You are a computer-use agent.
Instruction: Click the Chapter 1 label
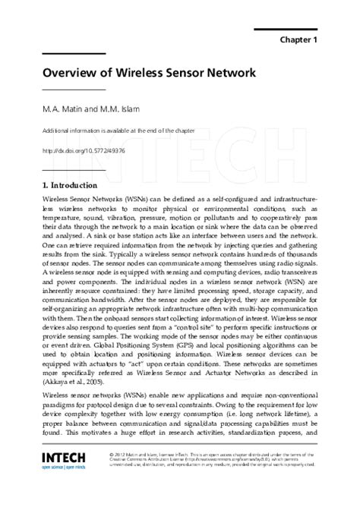pyautogui.click(x=298, y=39)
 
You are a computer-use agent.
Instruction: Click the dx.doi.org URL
pyautogui.click(x=84, y=150)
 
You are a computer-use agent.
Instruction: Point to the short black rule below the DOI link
pyautogui.click(x=63, y=168)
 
